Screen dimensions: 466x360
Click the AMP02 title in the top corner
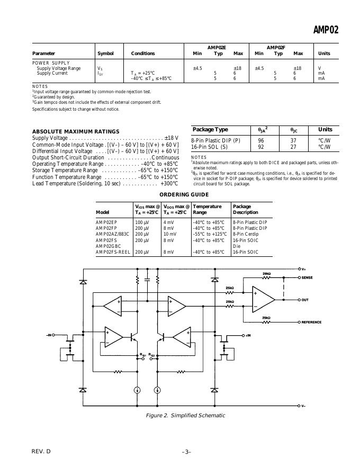tap(326, 30)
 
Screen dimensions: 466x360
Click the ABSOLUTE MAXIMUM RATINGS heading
tap(76, 131)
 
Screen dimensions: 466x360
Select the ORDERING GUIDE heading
tap(184, 194)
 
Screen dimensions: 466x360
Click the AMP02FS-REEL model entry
tap(113, 252)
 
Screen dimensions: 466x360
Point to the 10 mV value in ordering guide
tap(170, 234)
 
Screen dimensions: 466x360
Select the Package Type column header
tap(210, 130)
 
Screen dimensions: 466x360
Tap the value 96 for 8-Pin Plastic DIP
tap(261, 140)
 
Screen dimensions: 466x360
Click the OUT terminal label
tap(305, 300)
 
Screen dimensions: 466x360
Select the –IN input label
tap(50, 335)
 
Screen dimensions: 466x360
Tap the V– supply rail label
tap(303, 406)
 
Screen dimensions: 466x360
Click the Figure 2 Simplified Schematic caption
tap(185, 415)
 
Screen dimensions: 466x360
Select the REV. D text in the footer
tap(41, 451)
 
